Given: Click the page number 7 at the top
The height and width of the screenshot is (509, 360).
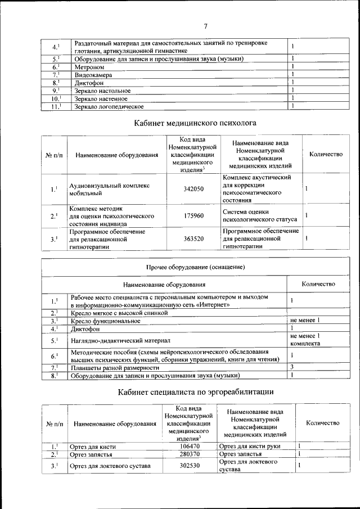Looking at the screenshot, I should coord(205,26).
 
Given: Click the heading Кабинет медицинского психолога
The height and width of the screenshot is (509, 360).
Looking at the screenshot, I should coord(195,121).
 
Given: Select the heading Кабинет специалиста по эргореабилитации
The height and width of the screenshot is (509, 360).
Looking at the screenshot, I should coord(195,391).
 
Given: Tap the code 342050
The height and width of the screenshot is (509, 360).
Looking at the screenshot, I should coord(193,189).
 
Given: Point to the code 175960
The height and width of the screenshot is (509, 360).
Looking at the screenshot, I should coord(193,215).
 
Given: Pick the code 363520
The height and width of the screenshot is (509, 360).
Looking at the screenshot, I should coord(193,238).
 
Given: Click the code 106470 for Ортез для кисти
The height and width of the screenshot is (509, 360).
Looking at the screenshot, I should coord(189,446).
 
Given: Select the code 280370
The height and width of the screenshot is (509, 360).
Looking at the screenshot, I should coord(189,454).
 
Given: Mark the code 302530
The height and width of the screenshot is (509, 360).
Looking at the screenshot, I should coord(189,466).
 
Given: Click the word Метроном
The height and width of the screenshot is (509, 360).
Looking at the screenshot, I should coord(89,67).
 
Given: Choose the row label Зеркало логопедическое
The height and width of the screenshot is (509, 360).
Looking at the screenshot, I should coord(109,106).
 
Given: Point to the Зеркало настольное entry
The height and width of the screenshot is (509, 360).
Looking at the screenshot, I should coord(102,91).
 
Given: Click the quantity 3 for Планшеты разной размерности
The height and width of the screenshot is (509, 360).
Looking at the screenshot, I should coord(292,367).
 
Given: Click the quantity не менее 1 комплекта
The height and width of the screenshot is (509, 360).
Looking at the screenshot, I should coord(304,340).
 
